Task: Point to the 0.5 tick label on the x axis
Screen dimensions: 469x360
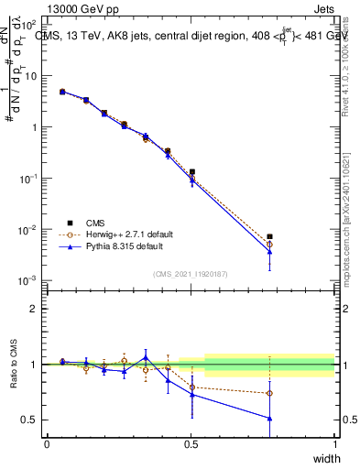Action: (191, 444)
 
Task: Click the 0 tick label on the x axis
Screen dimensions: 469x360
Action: (47, 444)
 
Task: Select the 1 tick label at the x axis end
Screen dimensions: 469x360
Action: (334, 444)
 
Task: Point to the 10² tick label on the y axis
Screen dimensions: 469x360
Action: (27, 25)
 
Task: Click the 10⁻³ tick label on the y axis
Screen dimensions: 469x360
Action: (27, 280)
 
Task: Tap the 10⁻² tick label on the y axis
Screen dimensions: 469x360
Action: (27, 229)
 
